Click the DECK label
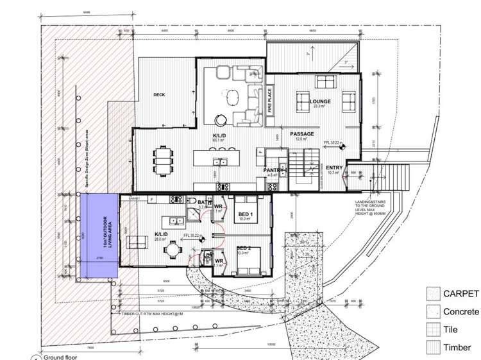[x=159, y=95]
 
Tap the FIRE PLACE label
[x=270, y=100]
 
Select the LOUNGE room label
[x=320, y=101]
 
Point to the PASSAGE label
[x=301, y=134]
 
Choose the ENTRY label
[x=334, y=168]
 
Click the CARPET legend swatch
[x=434, y=294]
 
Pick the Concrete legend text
[x=460, y=312]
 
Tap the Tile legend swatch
[x=434, y=330]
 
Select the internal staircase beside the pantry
[x=303, y=168]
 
